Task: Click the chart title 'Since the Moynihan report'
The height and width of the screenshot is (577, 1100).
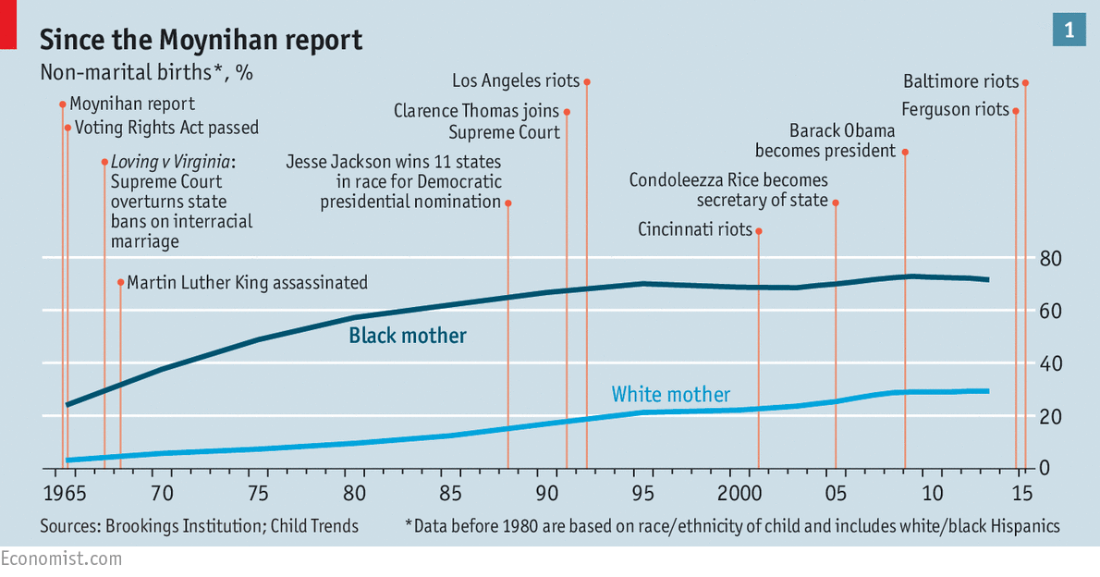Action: (201, 40)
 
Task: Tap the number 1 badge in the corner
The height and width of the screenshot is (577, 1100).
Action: (1069, 31)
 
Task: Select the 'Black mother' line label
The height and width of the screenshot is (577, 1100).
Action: (408, 336)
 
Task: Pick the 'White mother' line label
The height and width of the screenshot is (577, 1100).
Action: (670, 395)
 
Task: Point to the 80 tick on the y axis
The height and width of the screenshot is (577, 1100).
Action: (1048, 258)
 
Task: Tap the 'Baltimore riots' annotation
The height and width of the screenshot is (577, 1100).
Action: (960, 82)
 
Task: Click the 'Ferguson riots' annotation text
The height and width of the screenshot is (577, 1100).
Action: (955, 110)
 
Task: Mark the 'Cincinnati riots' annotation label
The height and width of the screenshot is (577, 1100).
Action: (695, 229)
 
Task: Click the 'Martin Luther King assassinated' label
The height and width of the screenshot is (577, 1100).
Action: (247, 282)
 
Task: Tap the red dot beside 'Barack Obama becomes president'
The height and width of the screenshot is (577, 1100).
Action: (904, 152)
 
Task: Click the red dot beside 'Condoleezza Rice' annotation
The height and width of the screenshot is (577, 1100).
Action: (836, 202)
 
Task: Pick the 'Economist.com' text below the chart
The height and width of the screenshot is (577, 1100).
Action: (61, 559)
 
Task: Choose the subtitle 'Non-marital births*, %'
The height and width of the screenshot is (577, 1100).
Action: (146, 73)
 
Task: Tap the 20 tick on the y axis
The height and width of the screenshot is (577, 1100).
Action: (1048, 416)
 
